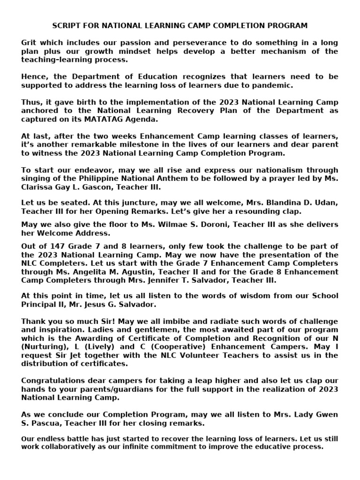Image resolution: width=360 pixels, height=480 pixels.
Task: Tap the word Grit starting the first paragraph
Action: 29,43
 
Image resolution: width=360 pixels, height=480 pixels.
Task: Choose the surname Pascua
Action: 44,423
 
